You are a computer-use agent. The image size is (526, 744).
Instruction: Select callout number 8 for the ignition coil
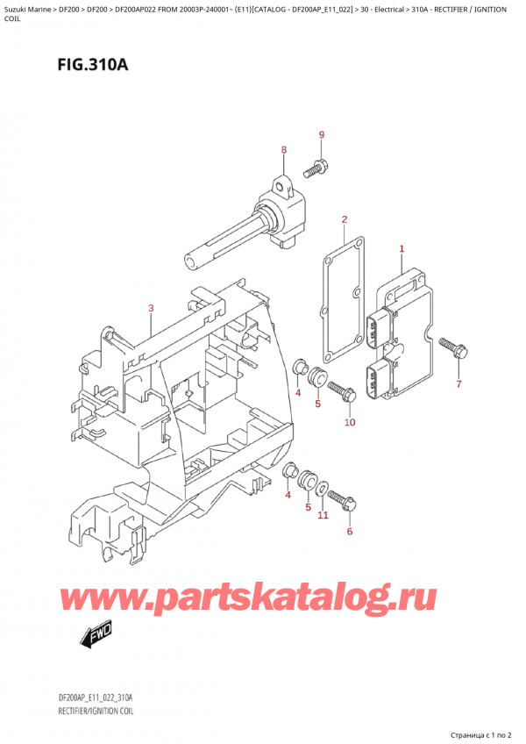click(x=283, y=151)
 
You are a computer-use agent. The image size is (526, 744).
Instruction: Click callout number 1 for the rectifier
click(x=402, y=249)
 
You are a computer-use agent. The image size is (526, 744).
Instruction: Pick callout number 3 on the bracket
click(x=151, y=308)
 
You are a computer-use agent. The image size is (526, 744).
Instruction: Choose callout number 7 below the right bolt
click(x=457, y=383)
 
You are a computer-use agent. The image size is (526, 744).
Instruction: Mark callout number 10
click(x=350, y=423)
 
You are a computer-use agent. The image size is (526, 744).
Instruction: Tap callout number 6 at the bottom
click(x=349, y=532)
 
